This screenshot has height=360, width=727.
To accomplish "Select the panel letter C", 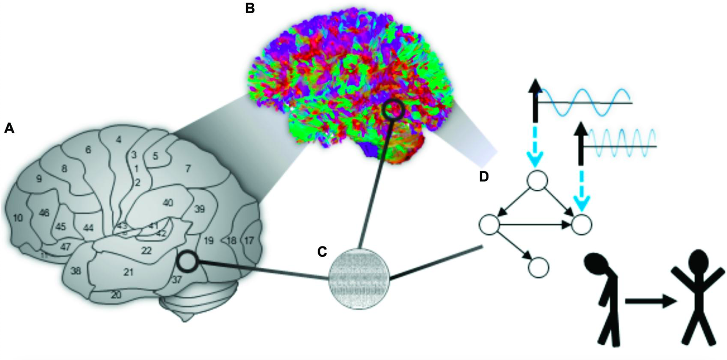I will (322, 252).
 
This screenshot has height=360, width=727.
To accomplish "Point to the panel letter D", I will (485, 177).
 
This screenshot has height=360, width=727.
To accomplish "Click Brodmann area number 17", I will (249, 241).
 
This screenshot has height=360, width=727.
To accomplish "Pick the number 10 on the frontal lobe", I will (18, 218).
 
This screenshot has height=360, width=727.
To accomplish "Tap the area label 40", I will (168, 203).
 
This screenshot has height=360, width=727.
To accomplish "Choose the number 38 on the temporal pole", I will (76, 271).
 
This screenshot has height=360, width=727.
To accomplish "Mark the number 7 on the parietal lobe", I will (187, 168).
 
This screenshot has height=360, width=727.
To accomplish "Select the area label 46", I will (44, 213).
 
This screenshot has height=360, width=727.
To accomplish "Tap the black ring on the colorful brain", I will (392, 110).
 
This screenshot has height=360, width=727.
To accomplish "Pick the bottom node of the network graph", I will (539, 265).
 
